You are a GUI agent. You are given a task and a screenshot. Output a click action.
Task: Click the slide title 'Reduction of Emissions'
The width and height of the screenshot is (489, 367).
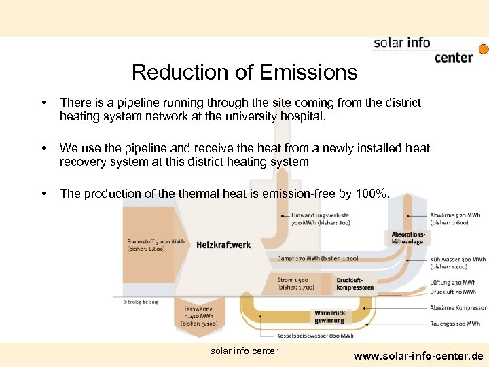(244, 72)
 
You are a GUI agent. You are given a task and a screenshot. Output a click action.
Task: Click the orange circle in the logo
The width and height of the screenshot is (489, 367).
(484, 50)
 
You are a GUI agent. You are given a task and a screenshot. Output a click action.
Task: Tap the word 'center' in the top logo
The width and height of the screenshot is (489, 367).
(453, 57)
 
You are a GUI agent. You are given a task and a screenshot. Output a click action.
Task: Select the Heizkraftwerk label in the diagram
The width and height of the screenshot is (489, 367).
(223, 245)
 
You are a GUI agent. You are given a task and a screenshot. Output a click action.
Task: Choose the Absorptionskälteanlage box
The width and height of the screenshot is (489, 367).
(407, 237)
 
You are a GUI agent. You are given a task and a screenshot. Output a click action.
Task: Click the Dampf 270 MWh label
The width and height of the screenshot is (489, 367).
(317, 258)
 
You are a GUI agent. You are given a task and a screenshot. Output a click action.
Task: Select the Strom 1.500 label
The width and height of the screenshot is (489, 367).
(295, 283)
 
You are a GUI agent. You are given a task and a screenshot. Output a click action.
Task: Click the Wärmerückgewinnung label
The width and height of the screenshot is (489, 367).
(329, 316)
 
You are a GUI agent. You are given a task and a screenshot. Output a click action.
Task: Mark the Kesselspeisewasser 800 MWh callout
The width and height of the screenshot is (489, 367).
(315, 336)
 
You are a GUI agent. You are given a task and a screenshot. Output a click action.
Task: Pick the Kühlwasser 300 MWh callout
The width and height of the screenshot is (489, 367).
(457, 263)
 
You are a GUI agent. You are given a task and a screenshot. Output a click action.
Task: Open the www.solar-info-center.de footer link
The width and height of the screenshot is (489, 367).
(418, 355)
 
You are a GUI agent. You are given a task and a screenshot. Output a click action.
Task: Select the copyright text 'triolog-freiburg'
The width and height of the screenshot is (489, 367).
(141, 302)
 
